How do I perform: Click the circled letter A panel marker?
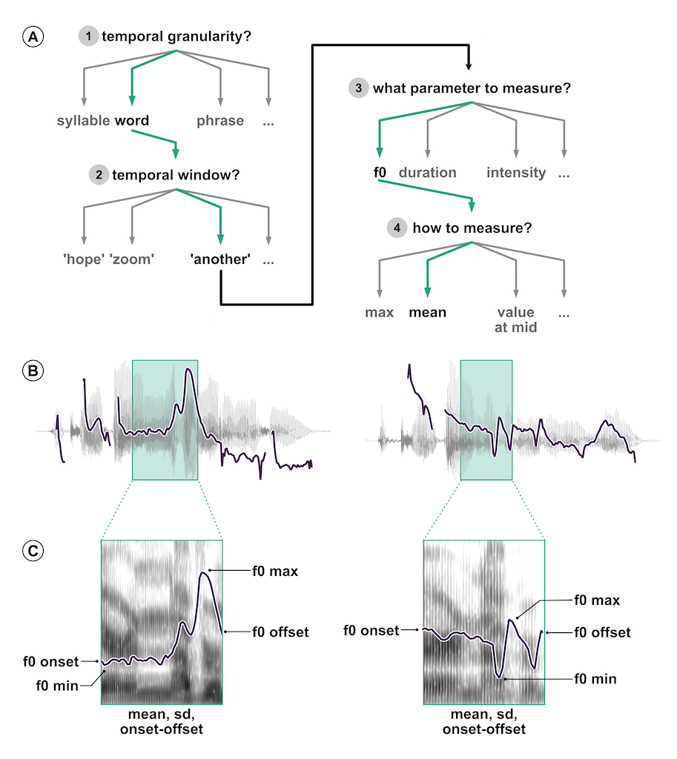[33, 37]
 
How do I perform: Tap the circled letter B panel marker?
[33, 371]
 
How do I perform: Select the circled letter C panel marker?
[33, 551]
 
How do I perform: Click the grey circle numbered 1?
[88, 36]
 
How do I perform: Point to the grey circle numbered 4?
[397, 228]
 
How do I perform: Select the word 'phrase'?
[220, 121]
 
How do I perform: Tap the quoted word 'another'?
[220, 259]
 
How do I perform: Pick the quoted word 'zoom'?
[132, 259]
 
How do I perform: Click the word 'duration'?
[428, 173]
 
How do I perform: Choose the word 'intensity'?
[516, 173]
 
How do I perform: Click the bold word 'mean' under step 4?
[428, 313]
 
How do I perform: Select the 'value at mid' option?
[516, 320]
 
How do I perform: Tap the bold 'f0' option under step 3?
[380, 172]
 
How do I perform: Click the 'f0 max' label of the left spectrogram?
[275, 571]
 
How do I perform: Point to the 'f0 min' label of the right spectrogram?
[595, 679]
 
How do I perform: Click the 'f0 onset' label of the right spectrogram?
[371, 631]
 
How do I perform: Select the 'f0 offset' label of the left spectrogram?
[280, 632]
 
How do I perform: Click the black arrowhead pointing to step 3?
[469, 65]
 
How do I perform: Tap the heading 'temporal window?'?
[176, 175]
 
